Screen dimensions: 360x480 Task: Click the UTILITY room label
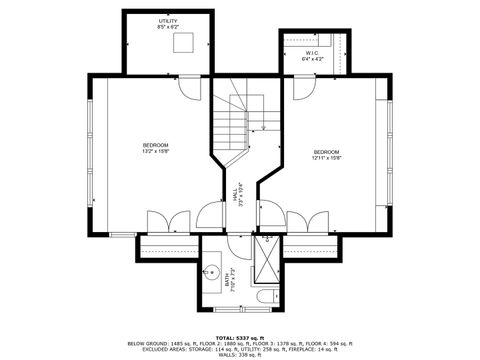click(x=167, y=21)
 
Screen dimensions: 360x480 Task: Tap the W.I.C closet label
click(x=312, y=52)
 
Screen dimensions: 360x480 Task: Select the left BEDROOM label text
click(x=155, y=146)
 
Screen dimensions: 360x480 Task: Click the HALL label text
click(x=235, y=194)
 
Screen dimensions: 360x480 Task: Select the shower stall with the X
click(x=267, y=262)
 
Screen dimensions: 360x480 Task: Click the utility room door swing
click(x=186, y=85)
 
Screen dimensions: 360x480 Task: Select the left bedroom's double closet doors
click(x=166, y=222)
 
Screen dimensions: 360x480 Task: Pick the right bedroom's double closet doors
click(x=307, y=222)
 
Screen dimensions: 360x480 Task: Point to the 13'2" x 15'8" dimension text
click(x=155, y=152)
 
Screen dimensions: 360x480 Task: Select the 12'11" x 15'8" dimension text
click(x=326, y=158)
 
